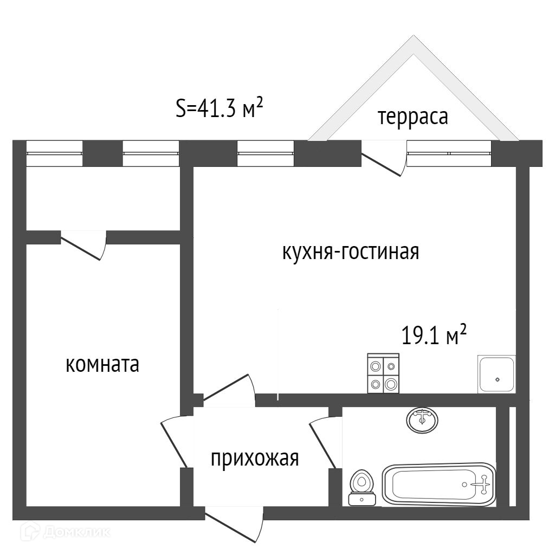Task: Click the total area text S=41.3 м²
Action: tap(219, 108)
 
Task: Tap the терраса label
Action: tap(413, 117)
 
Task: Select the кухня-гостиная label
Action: tap(351, 252)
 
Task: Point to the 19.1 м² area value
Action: tap(434, 335)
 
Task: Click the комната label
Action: tap(102, 365)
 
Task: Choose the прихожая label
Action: tap(255, 459)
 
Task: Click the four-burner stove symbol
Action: tap(383, 373)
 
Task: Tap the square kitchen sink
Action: tap(496, 374)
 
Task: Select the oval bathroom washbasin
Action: tap(422, 420)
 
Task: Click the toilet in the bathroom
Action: tap(362, 487)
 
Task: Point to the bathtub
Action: tap(439, 484)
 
